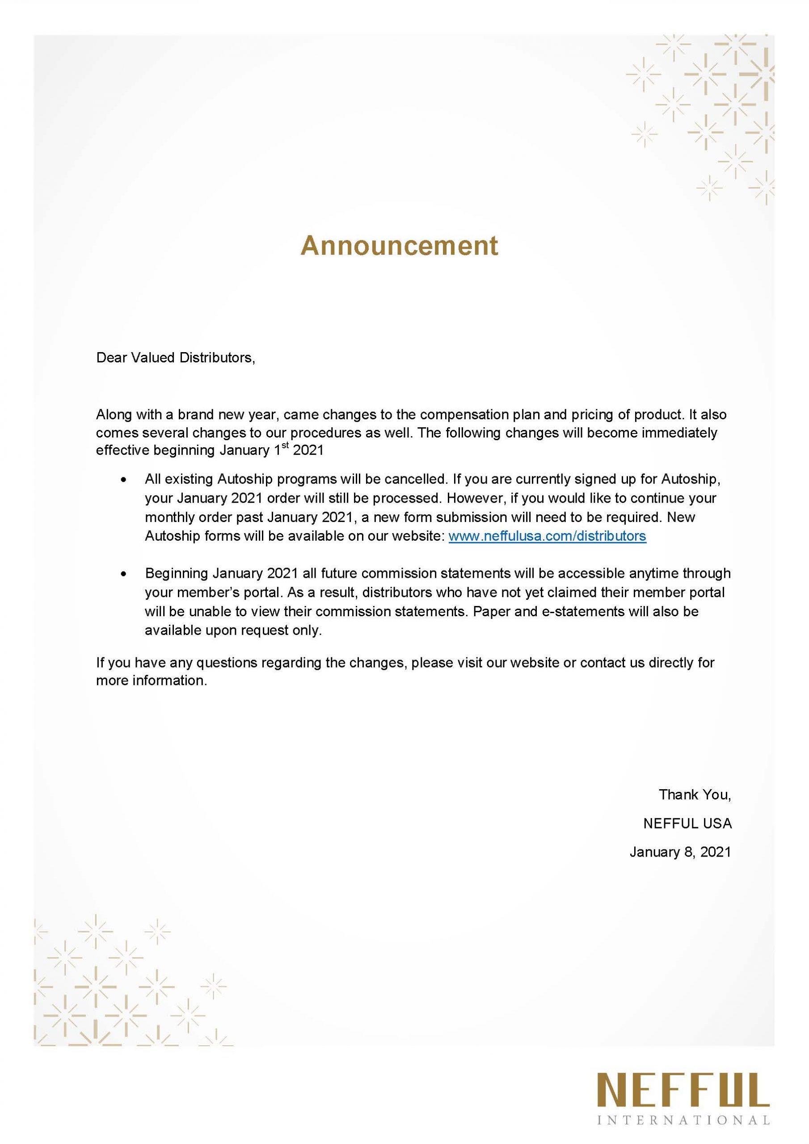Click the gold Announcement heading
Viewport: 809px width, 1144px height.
[x=399, y=245]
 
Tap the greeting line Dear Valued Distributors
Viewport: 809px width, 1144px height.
[x=176, y=358]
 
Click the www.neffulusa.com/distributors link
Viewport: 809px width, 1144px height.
[x=548, y=536]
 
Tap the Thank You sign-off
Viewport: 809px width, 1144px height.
[x=695, y=794]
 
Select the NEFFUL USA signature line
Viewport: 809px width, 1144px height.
[x=687, y=823]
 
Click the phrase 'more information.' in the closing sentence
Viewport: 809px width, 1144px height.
[x=152, y=681]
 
